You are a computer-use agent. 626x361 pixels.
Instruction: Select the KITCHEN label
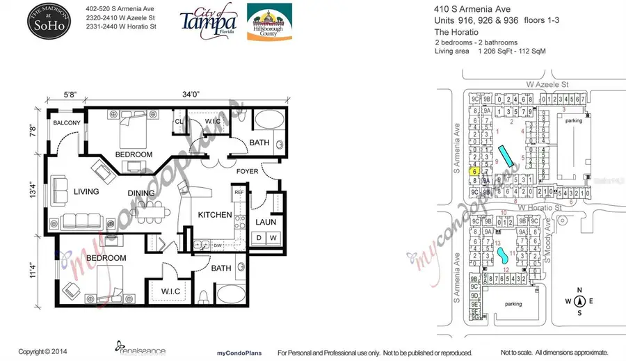(215, 215)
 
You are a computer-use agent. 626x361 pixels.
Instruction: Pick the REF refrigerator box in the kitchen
(238, 192)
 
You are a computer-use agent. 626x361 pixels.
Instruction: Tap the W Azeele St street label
(545, 83)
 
